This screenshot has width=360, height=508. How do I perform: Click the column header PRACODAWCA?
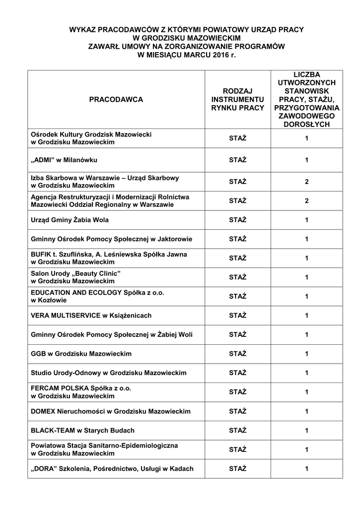pyautogui.click(x=116, y=99)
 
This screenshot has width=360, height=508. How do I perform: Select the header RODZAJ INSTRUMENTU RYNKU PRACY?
pyautogui.click(x=237, y=99)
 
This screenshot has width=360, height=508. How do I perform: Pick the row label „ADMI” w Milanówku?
pyautogui.click(x=64, y=160)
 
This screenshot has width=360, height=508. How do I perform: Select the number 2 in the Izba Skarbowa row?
pyautogui.click(x=307, y=182)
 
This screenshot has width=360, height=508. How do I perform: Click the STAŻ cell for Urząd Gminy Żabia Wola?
pyautogui.click(x=237, y=220)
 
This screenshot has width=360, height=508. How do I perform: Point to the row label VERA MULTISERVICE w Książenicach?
pyautogui.click(x=91, y=316)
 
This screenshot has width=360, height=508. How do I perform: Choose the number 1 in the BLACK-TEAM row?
pyautogui.click(x=307, y=430)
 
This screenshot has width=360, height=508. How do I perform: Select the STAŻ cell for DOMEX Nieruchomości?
pyautogui.click(x=237, y=411)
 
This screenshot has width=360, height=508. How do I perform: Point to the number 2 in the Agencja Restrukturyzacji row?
pyautogui.click(x=307, y=201)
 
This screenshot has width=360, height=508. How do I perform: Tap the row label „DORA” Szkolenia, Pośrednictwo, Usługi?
pyautogui.click(x=112, y=468)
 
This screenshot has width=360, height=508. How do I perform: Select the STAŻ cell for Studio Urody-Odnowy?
pyautogui.click(x=237, y=373)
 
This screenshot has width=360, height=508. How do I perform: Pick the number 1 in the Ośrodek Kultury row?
pyautogui.click(x=307, y=138)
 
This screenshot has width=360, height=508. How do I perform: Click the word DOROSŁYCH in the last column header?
pyautogui.click(x=306, y=125)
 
